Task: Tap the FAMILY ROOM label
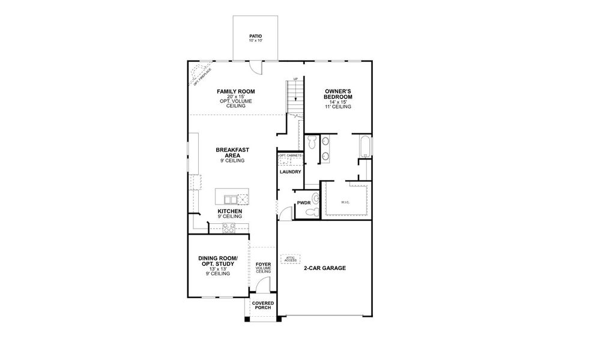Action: tap(235, 91)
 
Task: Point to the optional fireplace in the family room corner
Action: tap(198, 74)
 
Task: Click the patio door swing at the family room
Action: tap(257, 68)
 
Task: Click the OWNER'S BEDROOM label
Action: tap(337, 94)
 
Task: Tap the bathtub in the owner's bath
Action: tap(364, 147)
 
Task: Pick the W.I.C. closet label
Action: tap(345, 202)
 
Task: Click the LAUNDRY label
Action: tap(290, 172)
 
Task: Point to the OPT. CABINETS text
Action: tap(290, 155)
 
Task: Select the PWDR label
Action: tap(303, 203)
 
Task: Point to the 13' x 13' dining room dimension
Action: tap(217, 268)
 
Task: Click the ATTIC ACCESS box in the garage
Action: tap(291, 259)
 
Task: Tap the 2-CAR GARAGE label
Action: tap(324, 268)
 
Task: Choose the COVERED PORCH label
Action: tap(262, 306)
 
